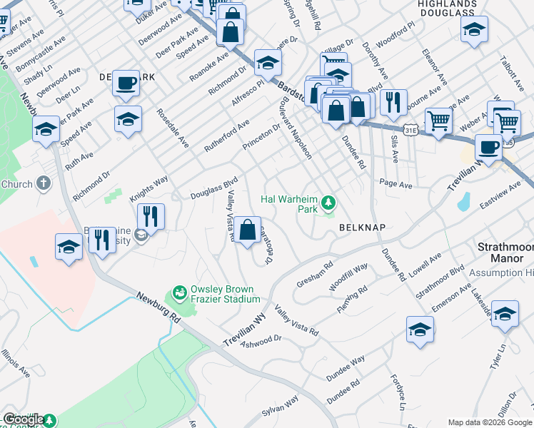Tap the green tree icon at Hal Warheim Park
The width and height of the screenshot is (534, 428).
pos(328,204)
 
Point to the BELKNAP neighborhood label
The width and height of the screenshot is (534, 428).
pos(362,228)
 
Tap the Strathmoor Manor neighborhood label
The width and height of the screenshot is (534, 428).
pos(505,253)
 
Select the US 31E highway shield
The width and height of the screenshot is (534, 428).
pos(410,131)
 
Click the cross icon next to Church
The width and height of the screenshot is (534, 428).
pos(44,184)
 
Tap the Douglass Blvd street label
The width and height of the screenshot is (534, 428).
pos(213,189)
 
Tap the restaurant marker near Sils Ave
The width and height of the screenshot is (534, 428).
pos(393,103)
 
